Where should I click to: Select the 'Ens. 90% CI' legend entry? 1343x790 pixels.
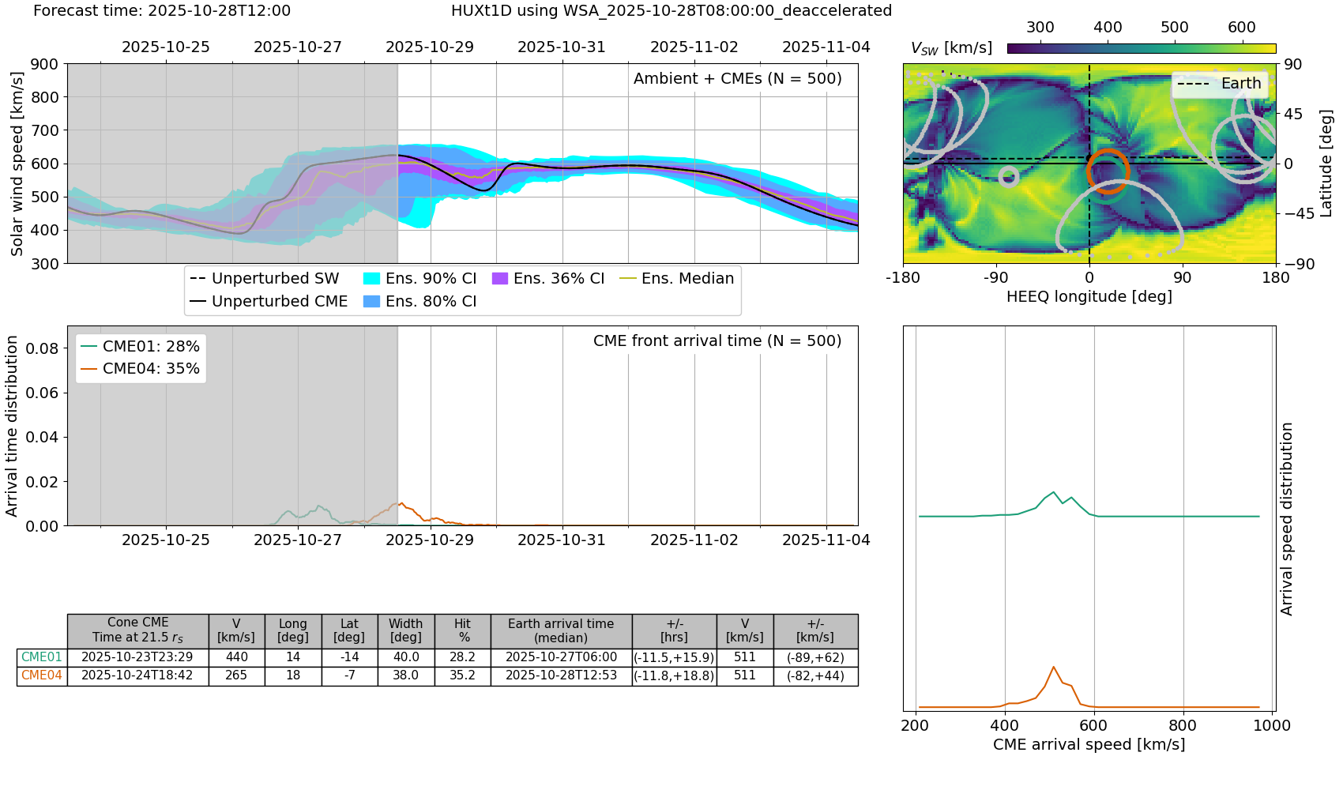(419, 278)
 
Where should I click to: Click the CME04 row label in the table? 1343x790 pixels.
(42, 675)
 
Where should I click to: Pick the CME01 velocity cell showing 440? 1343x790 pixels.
(236, 657)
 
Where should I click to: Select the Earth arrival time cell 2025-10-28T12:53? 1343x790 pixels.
(561, 675)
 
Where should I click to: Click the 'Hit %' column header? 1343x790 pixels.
(462, 630)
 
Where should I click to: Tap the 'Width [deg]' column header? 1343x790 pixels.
(405, 630)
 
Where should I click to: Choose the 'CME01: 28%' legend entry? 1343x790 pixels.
(141, 346)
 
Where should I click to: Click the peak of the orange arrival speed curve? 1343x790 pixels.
(1053, 667)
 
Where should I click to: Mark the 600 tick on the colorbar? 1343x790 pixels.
(1241, 28)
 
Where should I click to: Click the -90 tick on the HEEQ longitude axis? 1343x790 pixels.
(995, 278)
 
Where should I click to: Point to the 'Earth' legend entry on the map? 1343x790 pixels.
(1221, 84)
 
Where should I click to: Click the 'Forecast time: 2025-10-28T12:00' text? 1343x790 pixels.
(162, 11)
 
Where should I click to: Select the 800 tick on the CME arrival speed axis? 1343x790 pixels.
(1183, 725)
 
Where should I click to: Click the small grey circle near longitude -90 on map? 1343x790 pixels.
(1008, 176)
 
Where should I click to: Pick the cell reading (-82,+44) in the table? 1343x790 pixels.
(815, 675)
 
